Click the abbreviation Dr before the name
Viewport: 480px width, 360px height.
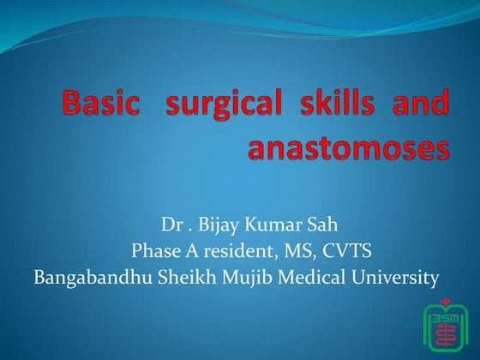tap(170, 227)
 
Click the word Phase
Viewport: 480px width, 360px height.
tap(155, 252)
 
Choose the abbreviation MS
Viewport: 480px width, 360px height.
tap(287, 252)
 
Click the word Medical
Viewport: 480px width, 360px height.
tap(308, 277)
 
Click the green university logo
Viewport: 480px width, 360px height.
tap(447, 328)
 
